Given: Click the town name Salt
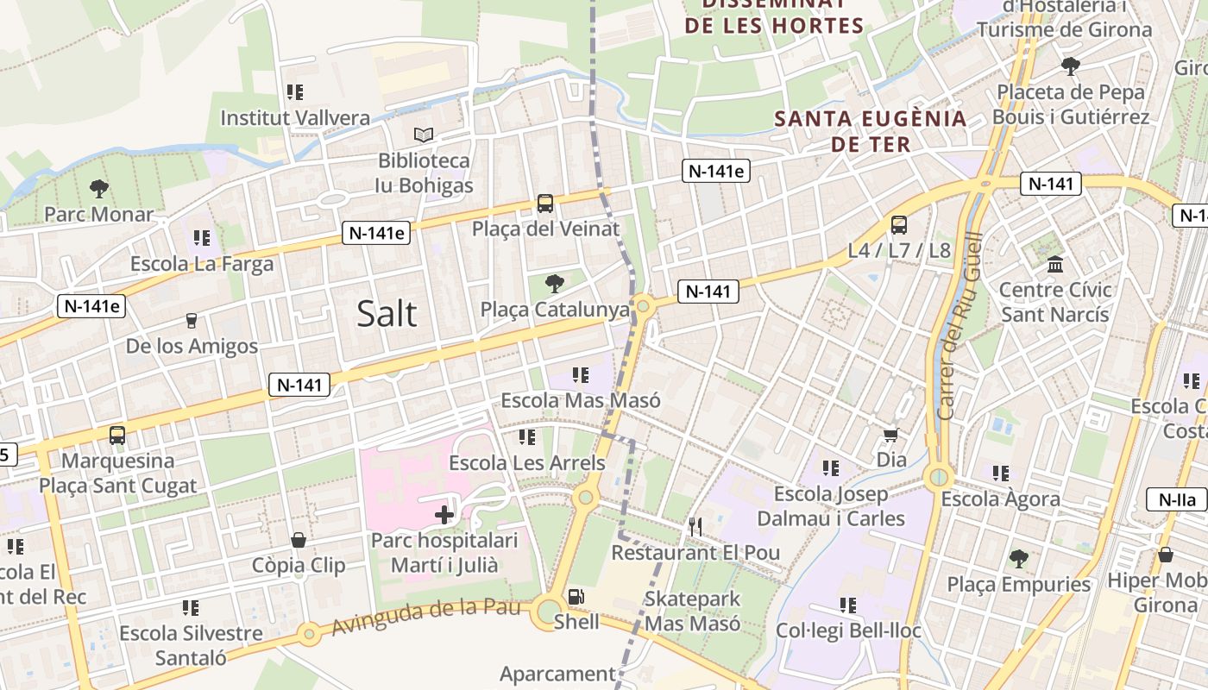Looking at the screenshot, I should click(x=387, y=313).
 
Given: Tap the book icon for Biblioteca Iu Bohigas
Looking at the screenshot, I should click(x=423, y=135).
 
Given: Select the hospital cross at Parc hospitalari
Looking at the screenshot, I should click(x=444, y=516).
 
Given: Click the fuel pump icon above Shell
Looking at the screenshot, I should click(x=576, y=596).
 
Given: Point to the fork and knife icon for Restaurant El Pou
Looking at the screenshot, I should click(x=695, y=526).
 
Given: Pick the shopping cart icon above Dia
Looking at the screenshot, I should click(x=891, y=435).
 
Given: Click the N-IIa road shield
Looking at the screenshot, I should click(x=1176, y=499).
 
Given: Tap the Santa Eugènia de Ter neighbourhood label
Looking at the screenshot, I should click(x=871, y=130).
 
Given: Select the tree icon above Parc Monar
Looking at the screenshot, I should click(x=99, y=188).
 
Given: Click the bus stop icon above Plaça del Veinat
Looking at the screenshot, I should click(x=545, y=204).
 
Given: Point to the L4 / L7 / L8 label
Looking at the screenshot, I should click(x=898, y=251).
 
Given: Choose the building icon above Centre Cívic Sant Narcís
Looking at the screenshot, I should click(x=1054, y=264).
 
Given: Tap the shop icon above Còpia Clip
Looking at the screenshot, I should click(x=299, y=540).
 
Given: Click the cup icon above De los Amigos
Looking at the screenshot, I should click(x=192, y=321).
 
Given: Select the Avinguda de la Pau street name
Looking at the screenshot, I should click(x=430, y=615).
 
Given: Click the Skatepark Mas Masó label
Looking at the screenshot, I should click(x=692, y=611).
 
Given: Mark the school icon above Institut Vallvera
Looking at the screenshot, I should click(x=295, y=91).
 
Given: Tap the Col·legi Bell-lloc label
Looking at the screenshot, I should click(x=848, y=630).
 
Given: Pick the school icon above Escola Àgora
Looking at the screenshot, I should click(x=1001, y=473).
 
